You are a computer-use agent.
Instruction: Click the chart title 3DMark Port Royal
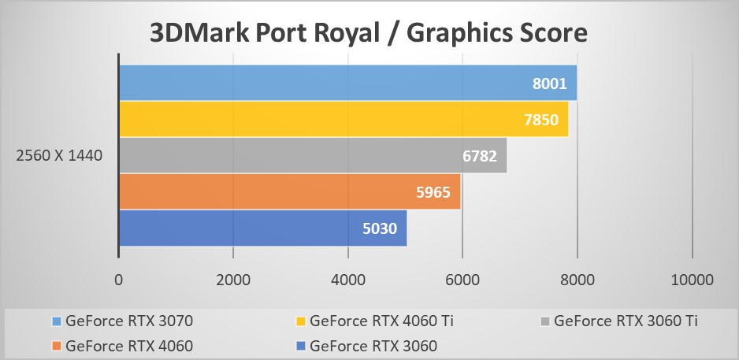369,32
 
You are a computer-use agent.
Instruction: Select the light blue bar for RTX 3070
347,83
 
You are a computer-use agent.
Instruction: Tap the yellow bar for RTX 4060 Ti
343,119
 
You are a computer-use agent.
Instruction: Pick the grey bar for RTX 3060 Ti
312,155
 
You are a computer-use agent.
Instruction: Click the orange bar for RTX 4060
289,191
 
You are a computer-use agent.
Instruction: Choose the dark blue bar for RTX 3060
262,228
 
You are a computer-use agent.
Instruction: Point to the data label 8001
549,84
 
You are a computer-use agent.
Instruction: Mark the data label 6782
479,156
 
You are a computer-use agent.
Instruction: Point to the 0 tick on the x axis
118,280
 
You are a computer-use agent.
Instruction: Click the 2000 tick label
233,280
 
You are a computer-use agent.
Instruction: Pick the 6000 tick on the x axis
462,280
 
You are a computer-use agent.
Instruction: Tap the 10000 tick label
692,280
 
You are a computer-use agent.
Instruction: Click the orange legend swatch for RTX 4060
57,345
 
